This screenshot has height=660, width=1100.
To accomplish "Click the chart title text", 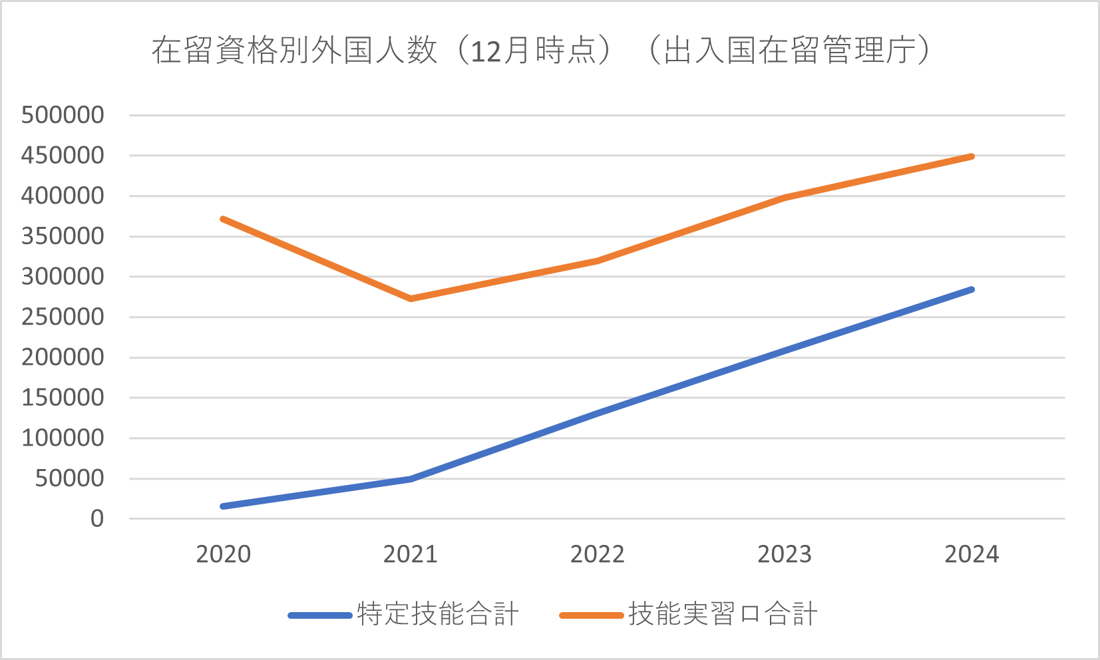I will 540,51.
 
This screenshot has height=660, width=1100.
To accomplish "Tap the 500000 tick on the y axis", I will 63,115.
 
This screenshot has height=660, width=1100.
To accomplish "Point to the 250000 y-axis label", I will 63,317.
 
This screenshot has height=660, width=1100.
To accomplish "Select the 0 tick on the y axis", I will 97,519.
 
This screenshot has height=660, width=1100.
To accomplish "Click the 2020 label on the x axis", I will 223,554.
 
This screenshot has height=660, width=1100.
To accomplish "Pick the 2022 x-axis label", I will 598,554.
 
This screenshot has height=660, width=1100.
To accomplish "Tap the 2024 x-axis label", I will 972,554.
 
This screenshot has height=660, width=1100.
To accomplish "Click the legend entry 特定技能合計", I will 438,614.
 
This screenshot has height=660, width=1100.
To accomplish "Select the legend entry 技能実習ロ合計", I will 723,614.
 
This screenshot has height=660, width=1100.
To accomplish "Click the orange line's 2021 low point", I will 411,299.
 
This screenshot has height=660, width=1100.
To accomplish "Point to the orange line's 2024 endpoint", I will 972,156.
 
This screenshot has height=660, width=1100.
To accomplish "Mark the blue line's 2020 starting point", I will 223,506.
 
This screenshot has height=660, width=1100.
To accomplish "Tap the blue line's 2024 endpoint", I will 972,289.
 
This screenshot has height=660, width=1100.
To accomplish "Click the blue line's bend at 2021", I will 411,478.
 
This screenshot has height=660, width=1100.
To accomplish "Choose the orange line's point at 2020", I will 223,219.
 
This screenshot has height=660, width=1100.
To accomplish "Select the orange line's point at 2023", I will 785,198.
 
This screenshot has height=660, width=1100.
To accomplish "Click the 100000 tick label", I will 63,438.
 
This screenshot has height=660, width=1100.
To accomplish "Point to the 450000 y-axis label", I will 63,156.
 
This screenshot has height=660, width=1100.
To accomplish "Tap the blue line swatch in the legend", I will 320,615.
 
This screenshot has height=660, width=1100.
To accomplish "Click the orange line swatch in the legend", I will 592,615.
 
